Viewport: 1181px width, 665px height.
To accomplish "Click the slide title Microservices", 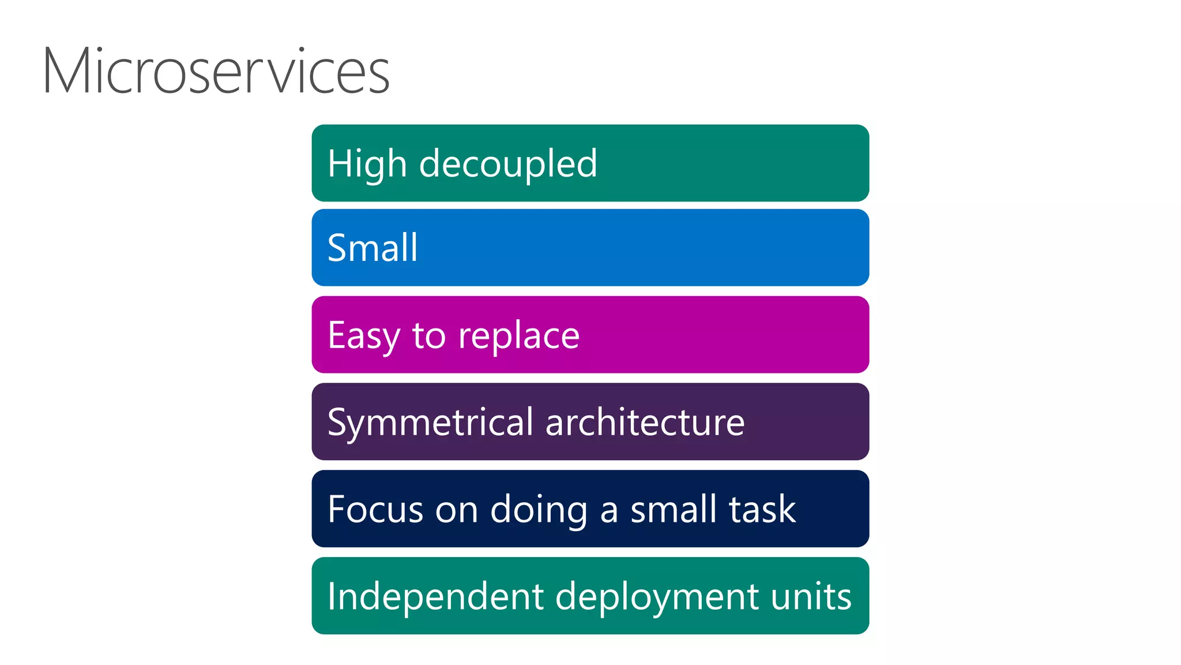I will click(x=216, y=72).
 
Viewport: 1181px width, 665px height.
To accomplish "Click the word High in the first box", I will click(x=367, y=164).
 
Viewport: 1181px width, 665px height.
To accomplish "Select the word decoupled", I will click(x=508, y=164).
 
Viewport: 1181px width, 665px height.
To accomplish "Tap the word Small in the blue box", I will click(x=373, y=248).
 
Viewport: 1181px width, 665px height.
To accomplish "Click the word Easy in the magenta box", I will click(x=363, y=335).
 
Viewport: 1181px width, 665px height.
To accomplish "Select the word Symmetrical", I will click(x=430, y=423).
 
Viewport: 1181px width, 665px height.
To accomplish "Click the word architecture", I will click(x=645, y=423).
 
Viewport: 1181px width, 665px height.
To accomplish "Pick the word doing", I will click(x=539, y=510).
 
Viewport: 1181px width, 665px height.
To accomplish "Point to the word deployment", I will click(x=656, y=597).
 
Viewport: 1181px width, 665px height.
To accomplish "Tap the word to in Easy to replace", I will click(x=428, y=336).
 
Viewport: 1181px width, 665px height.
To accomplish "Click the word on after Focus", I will click(x=456, y=510).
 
